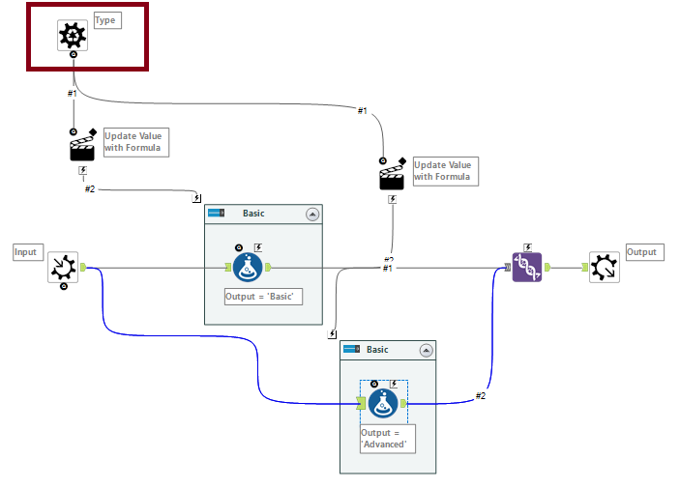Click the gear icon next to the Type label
(73, 36)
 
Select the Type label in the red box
(106, 20)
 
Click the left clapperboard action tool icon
(84, 148)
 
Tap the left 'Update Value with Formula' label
(135, 142)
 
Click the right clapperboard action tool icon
(393, 177)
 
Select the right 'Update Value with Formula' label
(444, 171)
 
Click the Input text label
(26, 252)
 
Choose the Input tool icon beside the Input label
(63, 267)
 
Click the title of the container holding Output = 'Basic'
(253, 214)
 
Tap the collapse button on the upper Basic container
(312, 215)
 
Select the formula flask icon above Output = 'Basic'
(248, 268)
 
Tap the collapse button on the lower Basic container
(426, 350)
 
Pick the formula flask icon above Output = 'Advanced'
(384, 403)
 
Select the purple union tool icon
(527, 267)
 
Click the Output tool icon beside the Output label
(605, 267)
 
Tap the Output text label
(641, 252)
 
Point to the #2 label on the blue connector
(480, 395)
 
